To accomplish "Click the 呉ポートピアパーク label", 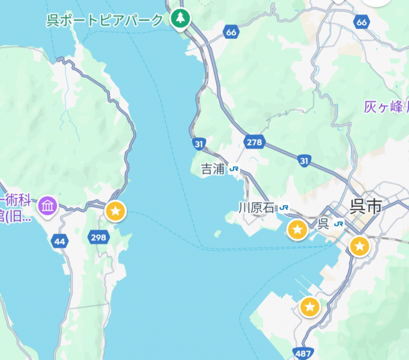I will (x=105, y=20).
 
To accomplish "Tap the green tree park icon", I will (x=180, y=19).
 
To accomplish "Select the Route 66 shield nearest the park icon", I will (x=231, y=32).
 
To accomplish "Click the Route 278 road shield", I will (x=255, y=142).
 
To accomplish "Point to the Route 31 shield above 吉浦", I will (x=199, y=144).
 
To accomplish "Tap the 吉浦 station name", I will (x=212, y=169).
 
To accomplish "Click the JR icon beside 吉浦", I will (x=234, y=169).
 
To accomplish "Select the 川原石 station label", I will (x=256, y=208).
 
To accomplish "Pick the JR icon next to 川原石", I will (x=283, y=208).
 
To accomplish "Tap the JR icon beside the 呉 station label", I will (x=339, y=224).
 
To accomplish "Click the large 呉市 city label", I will (x=366, y=207).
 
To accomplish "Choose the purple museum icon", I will (x=47, y=207).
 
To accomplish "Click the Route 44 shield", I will (x=59, y=241).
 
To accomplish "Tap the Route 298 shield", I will (x=98, y=238).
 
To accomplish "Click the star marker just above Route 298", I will (x=115, y=211).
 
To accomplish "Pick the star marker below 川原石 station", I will (x=297, y=229).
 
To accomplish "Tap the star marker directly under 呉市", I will (x=359, y=245).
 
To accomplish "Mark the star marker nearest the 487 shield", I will (x=309, y=307).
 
